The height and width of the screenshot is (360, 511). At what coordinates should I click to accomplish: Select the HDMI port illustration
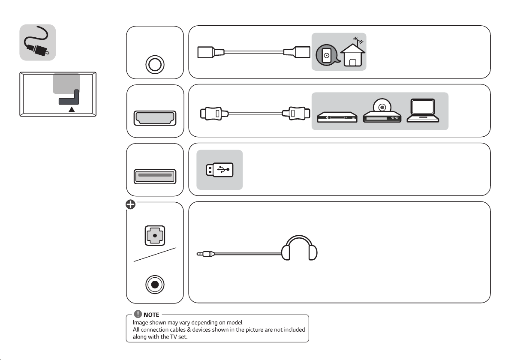coord(155,118)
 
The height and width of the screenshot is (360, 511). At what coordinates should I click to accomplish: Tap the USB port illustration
coord(155,177)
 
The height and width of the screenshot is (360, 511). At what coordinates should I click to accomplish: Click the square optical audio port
coord(155,236)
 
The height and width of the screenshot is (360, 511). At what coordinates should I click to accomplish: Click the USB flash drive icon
coord(219,170)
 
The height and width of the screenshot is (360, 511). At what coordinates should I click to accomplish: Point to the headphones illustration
coord(299,248)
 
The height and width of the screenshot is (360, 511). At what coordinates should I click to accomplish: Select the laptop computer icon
coord(423,111)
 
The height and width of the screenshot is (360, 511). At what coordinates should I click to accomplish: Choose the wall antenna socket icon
coord(327,55)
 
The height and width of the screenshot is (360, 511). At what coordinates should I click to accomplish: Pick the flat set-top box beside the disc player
coord(337,117)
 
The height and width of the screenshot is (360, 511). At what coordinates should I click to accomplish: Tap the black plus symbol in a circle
coord(130,204)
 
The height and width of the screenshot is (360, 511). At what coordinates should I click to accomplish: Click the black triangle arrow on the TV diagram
coord(72,109)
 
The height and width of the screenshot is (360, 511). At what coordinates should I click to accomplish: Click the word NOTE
coord(151,315)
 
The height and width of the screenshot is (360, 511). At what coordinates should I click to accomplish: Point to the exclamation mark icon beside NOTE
coord(138,314)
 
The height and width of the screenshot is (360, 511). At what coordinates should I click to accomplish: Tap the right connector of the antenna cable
coord(297,52)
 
